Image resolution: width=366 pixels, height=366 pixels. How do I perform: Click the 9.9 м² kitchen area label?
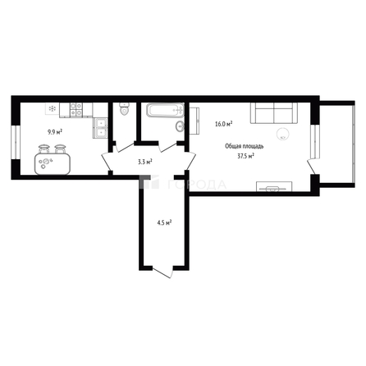point(55,131)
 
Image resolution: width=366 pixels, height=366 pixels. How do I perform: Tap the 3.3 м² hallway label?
point(144,162)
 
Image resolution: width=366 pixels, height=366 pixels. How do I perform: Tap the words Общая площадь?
point(245,146)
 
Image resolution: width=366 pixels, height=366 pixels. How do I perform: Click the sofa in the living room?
point(272,112)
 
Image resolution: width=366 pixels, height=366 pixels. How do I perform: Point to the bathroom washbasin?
point(179,126)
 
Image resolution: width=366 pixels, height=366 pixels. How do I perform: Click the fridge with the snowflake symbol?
point(53,108)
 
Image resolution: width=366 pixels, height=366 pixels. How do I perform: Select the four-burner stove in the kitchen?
point(76,108)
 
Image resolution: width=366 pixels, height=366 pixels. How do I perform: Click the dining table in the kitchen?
point(53,161)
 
